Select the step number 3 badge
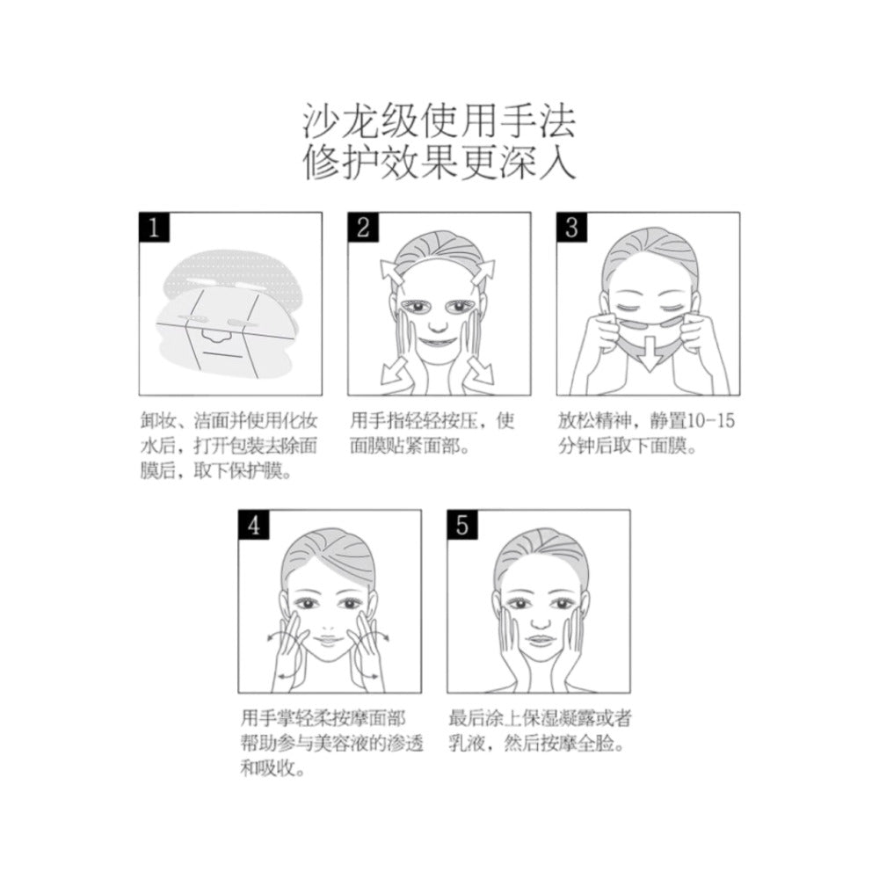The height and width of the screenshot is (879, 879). click(572, 229)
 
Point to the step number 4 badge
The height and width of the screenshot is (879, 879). click(254, 527)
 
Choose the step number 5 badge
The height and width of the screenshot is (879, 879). click(463, 527)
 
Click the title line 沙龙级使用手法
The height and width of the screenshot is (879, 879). click(439, 123)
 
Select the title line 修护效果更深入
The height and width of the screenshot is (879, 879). click(439, 163)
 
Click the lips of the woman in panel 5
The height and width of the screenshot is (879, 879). click(538, 638)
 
